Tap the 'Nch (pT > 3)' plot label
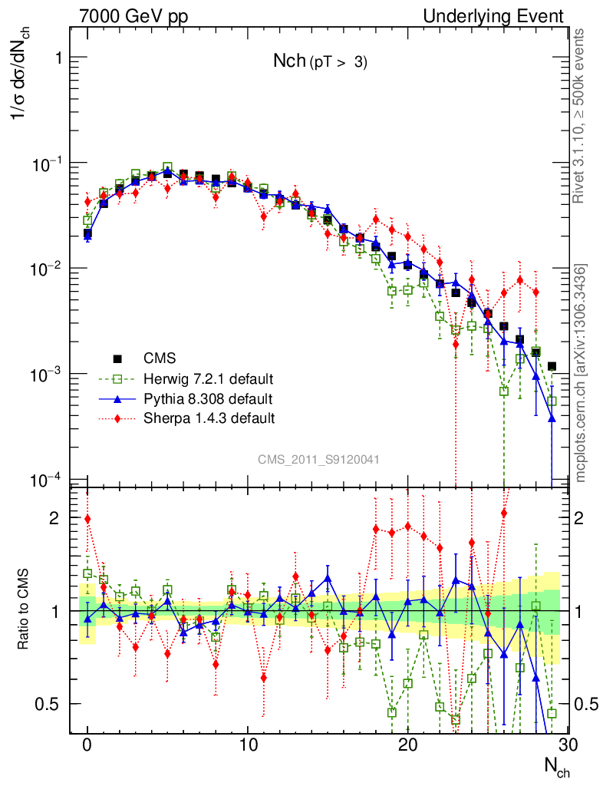[x=321, y=63]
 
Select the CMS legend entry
[x=160, y=358]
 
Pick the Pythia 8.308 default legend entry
[x=207, y=398]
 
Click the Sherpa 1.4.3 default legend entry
[x=209, y=418]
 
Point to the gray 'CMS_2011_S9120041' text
[x=318, y=459]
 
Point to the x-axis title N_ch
[x=557, y=766]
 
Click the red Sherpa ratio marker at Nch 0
[x=87, y=519]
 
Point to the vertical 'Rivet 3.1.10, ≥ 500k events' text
[x=581, y=115]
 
